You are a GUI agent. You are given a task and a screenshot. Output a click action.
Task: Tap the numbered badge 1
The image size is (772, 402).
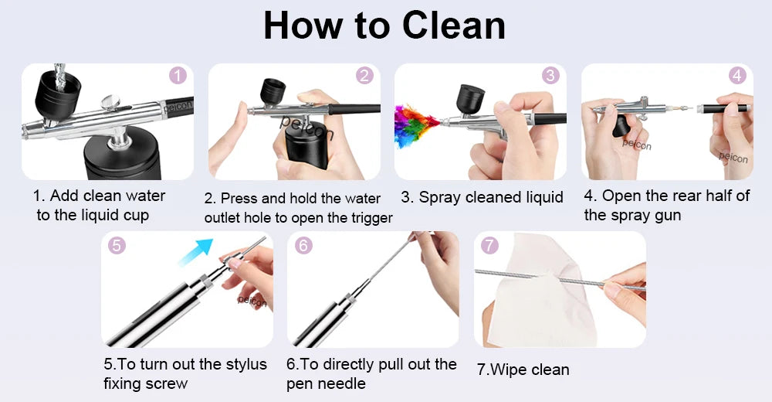[x=178, y=76]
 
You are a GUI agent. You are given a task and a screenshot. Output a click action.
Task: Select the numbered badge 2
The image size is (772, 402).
[x=364, y=76]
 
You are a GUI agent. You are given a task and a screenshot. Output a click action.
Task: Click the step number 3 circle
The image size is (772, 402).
[x=550, y=76]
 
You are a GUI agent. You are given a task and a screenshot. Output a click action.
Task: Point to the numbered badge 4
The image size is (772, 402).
[x=737, y=76]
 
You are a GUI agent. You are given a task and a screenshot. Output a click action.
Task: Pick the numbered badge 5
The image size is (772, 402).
[x=117, y=246]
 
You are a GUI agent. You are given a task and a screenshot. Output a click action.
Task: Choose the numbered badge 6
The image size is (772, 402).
[x=303, y=246]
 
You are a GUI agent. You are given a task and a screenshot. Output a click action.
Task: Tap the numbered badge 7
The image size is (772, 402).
[x=489, y=246]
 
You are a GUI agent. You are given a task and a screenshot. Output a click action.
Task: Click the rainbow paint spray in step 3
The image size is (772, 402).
[x=412, y=126]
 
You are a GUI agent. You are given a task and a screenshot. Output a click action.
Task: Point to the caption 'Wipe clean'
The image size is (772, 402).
[x=523, y=370]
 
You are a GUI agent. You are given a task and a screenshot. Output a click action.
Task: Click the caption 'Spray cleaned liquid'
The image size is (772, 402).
[x=482, y=197]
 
